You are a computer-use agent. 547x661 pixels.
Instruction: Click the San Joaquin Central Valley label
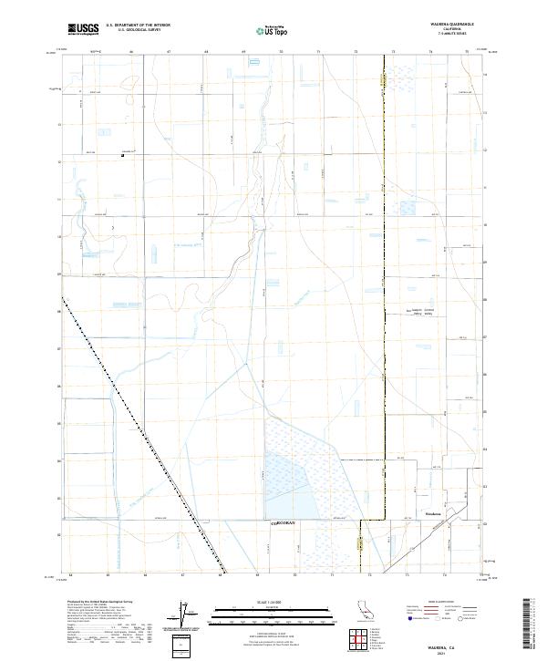(424, 312)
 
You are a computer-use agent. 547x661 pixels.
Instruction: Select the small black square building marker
(122, 156)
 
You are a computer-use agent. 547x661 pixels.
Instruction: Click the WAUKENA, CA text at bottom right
(454, 641)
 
